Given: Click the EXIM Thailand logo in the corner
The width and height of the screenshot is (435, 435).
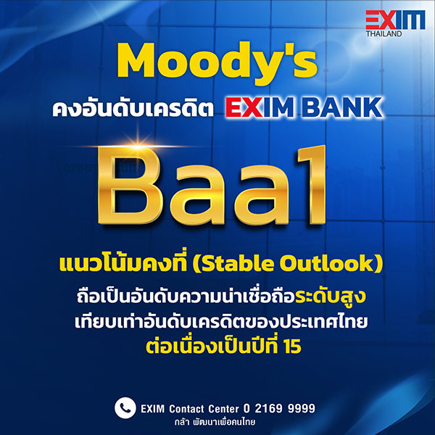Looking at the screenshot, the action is pos(395,24).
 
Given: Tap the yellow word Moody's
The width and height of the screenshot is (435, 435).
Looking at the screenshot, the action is pos(217,62).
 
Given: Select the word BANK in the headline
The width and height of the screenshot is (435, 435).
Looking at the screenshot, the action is pos(341,107).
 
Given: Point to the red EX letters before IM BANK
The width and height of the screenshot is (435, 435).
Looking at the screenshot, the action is pos(244,107).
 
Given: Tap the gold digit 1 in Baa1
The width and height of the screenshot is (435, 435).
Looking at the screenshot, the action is pos(312,184).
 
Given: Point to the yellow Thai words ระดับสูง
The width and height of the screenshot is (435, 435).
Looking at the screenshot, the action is pos(330,297).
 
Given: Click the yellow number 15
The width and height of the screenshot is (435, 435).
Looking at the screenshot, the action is pos(292,347).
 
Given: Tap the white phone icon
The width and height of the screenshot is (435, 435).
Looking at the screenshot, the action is pos(125,407).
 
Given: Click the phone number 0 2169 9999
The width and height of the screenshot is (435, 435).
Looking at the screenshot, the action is pos(279,408).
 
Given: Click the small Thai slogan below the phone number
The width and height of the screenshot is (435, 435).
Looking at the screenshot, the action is pos(215,423).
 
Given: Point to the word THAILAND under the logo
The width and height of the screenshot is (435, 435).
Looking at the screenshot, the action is pos(384,34).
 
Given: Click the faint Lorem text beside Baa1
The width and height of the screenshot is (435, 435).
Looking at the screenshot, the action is pos(99,167).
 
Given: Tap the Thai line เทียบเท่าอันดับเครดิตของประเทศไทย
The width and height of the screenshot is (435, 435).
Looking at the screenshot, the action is pos(221,322).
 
